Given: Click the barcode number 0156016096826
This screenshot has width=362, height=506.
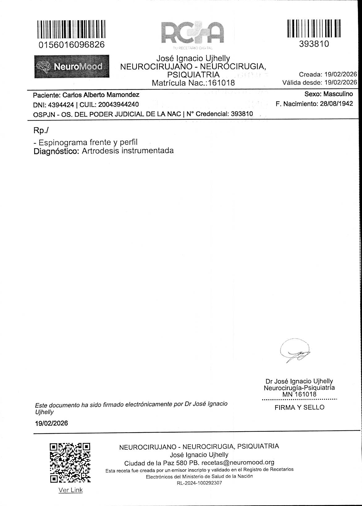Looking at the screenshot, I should pyautogui.click(x=72, y=45).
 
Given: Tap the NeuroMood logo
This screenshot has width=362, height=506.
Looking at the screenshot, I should pyautogui.click(x=72, y=66).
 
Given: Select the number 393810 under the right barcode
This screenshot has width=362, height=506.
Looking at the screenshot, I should pyautogui.click(x=314, y=44).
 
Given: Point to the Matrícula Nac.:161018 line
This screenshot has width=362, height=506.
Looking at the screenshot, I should pyautogui.click(x=193, y=83).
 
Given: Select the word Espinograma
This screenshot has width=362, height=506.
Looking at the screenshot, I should pyautogui.click(x=62, y=143).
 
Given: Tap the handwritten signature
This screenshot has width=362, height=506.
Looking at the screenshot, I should pyautogui.click(x=296, y=352).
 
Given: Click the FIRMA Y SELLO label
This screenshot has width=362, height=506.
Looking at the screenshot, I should pyautogui.click(x=299, y=408).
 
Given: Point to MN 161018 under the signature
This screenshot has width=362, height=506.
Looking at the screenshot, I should pyautogui.click(x=299, y=394).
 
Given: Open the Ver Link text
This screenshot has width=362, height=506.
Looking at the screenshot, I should pyautogui.click(x=70, y=490).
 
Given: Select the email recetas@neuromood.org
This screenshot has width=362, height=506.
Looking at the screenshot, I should pyautogui.click(x=238, y=463).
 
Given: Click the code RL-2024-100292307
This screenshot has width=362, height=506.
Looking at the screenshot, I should pyautogui.click(x=199, y=483).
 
